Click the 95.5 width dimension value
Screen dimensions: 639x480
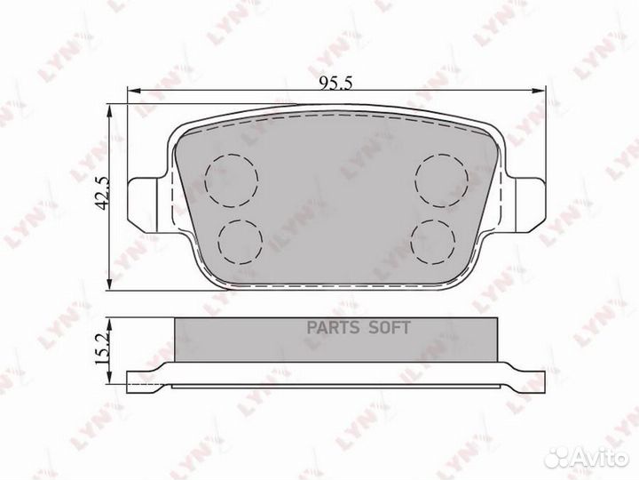pos(335,84)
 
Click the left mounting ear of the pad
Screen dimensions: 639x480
pos(147,205)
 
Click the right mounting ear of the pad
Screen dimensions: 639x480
pos(525,205)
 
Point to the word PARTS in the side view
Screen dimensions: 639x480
pos(333,328)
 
